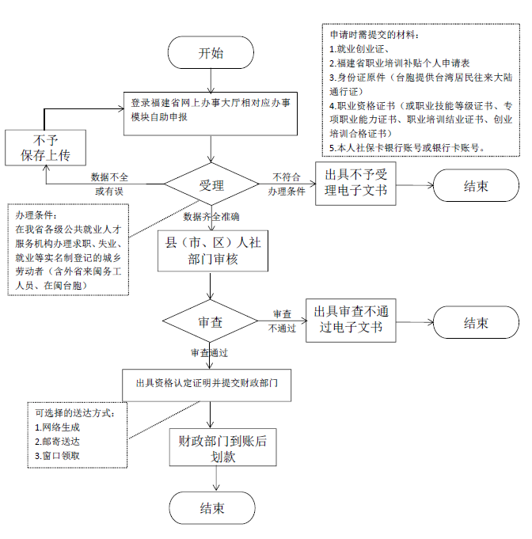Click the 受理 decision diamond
[x=210, y=185]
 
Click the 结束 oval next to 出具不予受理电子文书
[x=476, y=186]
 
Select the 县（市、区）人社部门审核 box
[x=210, y=249]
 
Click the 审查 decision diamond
[x=210, y=322]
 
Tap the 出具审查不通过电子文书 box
[x=349, y=320]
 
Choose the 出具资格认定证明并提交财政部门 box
[x=210, y=383]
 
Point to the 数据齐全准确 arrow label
[x=211, y=216]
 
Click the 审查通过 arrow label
[x=210, y=352]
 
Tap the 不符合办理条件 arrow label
[x=287, y=184]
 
